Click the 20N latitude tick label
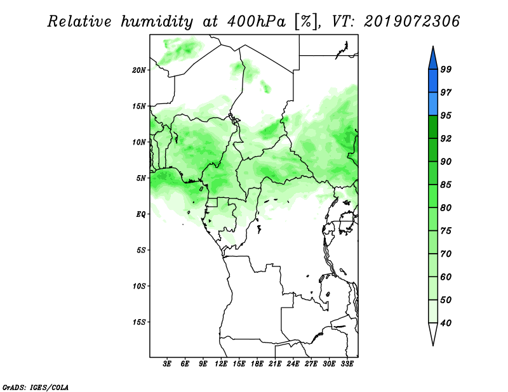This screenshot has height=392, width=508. point(139,70)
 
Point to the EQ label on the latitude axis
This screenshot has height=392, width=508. point(141,214)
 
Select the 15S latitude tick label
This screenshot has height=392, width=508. point(139,322)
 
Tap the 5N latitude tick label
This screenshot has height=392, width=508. point(141,178)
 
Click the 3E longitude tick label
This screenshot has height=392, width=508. point(167,363)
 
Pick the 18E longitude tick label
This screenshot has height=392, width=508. point(257,363)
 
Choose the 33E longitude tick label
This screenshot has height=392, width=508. point(347,363)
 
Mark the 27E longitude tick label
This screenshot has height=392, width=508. point(311,363)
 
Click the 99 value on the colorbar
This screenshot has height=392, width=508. point(446,69)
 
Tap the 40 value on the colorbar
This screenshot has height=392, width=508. point(446,323)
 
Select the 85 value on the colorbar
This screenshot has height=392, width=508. point(446,185)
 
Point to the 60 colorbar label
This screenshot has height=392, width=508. point(446,277)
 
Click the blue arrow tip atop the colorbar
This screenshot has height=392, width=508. point(433,46)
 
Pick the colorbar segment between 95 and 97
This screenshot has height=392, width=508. point(433,104)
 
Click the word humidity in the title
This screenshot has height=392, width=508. point(157,22)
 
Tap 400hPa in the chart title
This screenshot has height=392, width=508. point(257,22)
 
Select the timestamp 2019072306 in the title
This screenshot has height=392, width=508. point(411,22)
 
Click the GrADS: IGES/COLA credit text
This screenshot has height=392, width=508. point(36,388)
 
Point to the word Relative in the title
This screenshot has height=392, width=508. point(79,22)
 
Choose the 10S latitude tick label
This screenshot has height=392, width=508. point(139,286)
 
